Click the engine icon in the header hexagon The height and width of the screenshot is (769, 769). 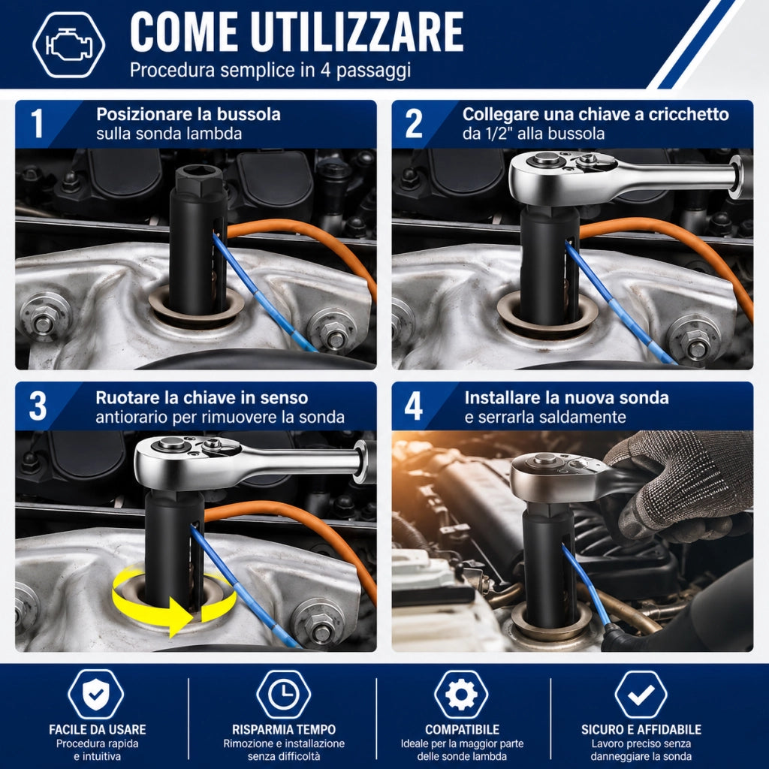coord(68,44)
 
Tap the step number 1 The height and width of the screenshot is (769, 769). coord(37,123)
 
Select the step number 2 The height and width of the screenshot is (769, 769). coord(414,123)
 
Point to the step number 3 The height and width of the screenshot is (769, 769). coord(38,406)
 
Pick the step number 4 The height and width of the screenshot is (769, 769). coord(414,406)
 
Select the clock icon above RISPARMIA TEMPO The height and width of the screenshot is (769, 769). coord(283,695)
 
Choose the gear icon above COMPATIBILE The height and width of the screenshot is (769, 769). coord(461,695)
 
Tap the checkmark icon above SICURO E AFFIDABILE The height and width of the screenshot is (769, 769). coord(641,695)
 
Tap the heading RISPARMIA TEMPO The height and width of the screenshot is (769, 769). coord(284,730)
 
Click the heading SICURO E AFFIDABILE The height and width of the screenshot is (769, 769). coord(641,730)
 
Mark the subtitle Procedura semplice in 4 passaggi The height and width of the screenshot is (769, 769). coord(270,70)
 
